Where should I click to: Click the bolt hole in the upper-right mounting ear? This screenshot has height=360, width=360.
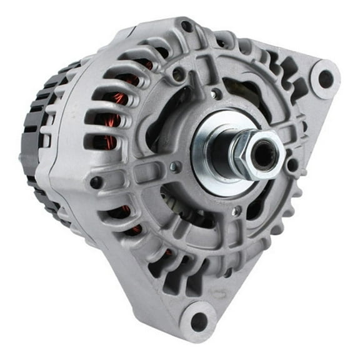pos(326,78)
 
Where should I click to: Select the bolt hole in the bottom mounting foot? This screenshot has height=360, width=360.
pos(199,321)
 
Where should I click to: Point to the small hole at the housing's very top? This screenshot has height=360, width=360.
pos(186,26)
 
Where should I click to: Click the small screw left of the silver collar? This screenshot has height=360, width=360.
pos(176,166)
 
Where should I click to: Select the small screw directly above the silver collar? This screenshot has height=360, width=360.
pos(216,94)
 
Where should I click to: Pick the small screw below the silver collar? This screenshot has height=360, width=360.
pos(236,211)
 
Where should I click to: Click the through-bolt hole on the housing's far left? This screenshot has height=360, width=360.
pos(96,182)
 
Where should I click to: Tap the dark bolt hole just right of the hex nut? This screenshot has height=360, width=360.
pos(292,164)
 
